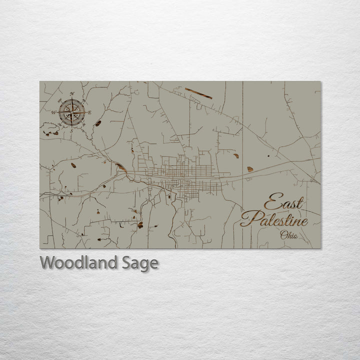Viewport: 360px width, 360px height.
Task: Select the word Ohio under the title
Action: pyautogui.click(x=289, y=235)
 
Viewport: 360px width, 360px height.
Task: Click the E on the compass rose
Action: pyautogui.click(x=89, y=112)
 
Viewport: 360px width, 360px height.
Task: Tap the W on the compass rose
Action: pyautogui.click(x=53, y=112)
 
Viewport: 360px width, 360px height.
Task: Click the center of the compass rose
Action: pyautogui.click(x=71, y=112)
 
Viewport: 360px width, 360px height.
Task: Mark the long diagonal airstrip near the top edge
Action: pyautogui.click(x=198, y=93)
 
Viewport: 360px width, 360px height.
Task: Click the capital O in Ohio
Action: pyautogui.click(x=283, y=235)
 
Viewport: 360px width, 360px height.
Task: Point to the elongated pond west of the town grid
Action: pyautogui.click(x=120, y=167)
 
